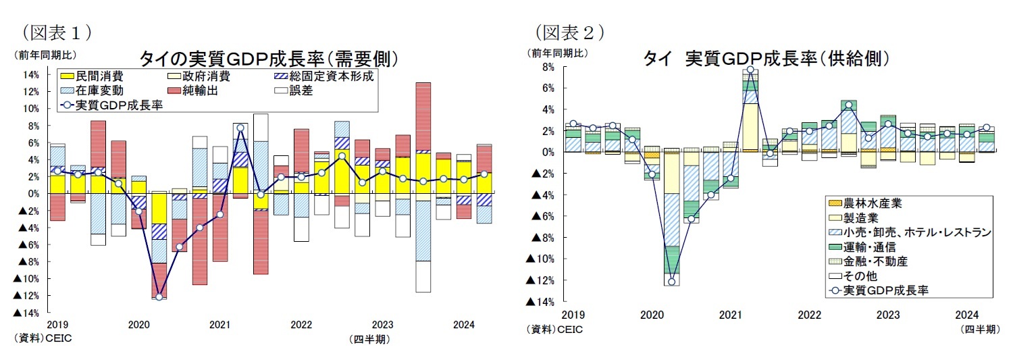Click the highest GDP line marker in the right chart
coord(750,70)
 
